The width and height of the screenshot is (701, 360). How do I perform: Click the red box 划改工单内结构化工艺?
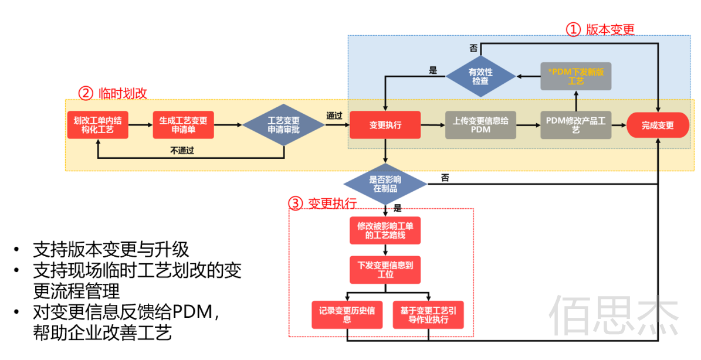pos(97,125)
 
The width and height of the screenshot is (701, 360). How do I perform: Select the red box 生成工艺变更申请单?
pos(183,125)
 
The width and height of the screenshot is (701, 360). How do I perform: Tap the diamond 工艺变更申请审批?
pos(283,125)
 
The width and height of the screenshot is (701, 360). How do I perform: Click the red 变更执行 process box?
pos(385,125)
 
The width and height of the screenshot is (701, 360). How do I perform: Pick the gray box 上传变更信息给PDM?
pos(480,125)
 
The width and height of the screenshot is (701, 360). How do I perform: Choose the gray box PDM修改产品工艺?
pos(575,125)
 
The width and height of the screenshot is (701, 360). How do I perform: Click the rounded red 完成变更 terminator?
pos(657,125)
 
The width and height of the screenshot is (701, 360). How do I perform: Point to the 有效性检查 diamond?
pos(480,76)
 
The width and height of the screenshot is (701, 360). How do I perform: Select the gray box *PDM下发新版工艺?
pos(575,76)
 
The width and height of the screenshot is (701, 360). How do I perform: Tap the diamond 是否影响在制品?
pos(385,184)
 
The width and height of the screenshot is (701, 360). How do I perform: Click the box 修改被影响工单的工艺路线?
pos(385,230)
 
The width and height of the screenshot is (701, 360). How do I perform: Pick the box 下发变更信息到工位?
pos(385,270)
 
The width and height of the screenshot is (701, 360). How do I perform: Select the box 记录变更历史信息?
pos(347,315)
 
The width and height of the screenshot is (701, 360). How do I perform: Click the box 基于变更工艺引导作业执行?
pos(428,315)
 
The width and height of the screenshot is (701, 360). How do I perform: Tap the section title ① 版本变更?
pos(600,29)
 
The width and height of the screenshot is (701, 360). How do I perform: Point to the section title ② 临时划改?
pos(113,93)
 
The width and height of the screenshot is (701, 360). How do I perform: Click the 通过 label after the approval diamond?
pos(334,116)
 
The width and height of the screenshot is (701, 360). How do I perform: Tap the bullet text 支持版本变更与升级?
pos(111,249)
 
